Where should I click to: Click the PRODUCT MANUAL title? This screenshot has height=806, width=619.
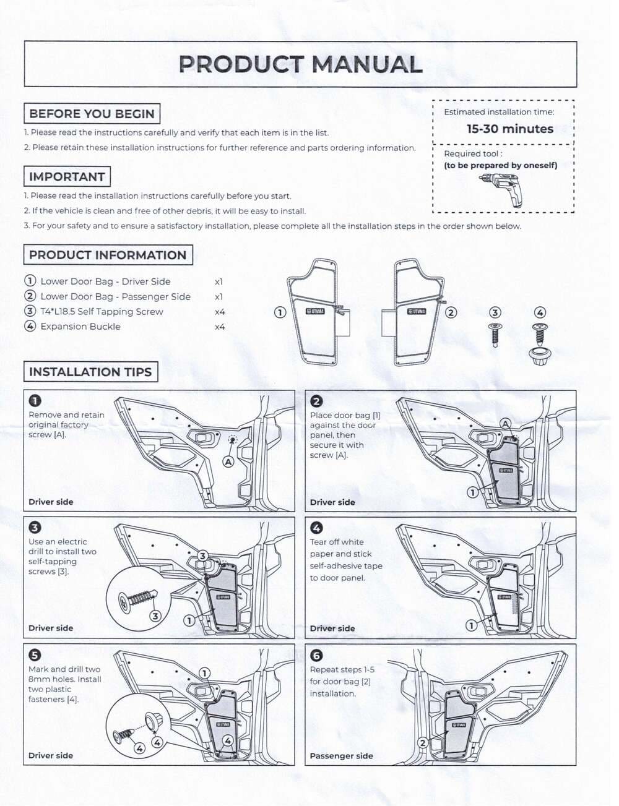point(300,64)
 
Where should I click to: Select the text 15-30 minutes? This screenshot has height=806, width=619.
point(510,129)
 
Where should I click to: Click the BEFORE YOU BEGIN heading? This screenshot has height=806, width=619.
point(92,114)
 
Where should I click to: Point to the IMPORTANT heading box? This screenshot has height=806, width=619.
point(67,177)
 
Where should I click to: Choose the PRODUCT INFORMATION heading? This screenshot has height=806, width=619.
point(108,255)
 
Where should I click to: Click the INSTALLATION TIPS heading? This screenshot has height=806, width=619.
point(90,372)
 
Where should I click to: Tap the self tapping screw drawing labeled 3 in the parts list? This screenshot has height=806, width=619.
point(495,334)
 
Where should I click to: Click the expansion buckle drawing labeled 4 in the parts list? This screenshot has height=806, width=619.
point(540,343)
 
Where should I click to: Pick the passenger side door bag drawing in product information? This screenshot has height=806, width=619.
point(416,312)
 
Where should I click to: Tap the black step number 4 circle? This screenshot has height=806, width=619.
point(316,528)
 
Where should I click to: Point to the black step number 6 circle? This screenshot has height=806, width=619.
point(316,656)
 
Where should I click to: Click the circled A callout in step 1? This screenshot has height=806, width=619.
point(228,461)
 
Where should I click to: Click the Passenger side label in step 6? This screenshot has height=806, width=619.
point(341,756)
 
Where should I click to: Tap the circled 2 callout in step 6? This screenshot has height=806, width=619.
point(423,743)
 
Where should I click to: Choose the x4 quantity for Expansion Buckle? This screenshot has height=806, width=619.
point(220,327)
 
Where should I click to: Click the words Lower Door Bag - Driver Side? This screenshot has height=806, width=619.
point(105,281)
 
